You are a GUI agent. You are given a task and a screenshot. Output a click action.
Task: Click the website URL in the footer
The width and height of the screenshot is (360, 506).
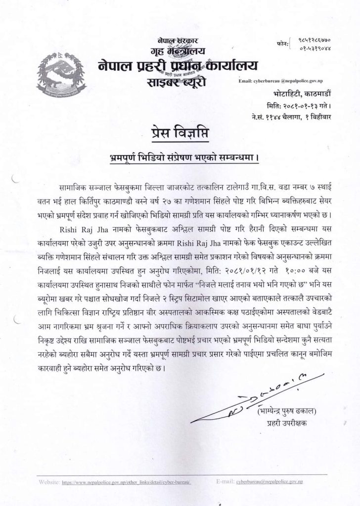pos(126,481)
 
